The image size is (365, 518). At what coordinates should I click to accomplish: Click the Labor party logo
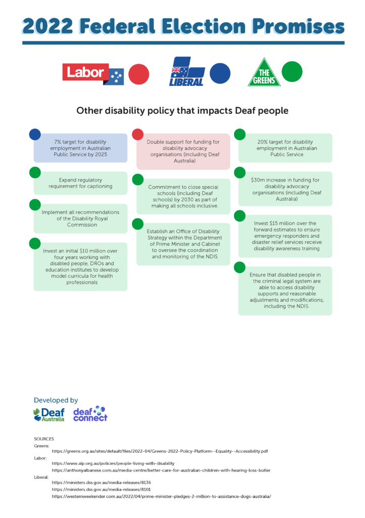click(93, 74)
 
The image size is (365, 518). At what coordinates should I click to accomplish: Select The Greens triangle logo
click(264, 73)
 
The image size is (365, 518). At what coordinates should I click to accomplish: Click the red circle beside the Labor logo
click(139, 74)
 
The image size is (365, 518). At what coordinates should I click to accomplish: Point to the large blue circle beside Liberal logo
click(220, 73)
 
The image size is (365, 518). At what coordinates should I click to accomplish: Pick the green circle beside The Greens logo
click(291, 71)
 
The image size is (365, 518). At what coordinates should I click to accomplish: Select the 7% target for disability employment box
click(80, 148)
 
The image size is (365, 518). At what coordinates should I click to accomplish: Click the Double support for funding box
click(183, 151)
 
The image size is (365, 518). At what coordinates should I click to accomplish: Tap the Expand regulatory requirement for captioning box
click(80, 183)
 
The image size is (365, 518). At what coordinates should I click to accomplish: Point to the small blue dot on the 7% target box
click(35, 134)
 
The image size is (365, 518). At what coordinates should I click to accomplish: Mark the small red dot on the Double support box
click(138, 134)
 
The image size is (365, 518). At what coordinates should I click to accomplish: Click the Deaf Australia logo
click(49, 415)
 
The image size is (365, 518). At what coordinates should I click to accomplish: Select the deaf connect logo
click(90, 414)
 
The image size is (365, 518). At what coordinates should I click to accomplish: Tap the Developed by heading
click(56, 400)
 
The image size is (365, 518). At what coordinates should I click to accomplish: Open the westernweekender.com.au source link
click(161, 497)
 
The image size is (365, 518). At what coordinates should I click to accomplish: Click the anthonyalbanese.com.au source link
click(161, 470)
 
